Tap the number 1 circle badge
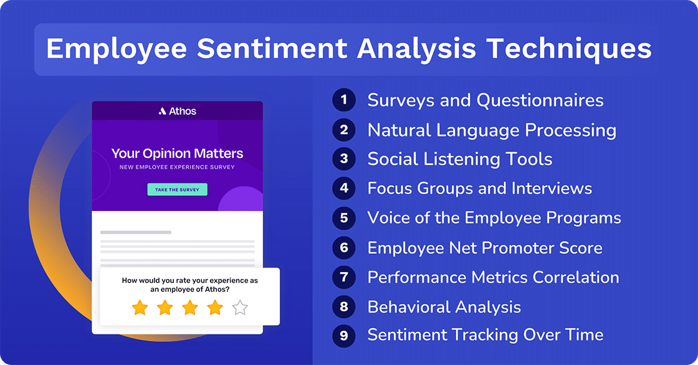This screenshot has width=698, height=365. click(x=343, y=100)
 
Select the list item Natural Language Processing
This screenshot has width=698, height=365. click(x=492, y=130)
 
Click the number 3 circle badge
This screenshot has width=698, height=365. click(x=343, y=159)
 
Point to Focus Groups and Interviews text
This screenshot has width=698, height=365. click(x=479, y=188)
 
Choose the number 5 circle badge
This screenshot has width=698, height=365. click(x=343, y=218)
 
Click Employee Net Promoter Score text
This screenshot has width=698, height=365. click(x=484, y=248)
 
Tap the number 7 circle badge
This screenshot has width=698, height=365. click(x=343, y=277)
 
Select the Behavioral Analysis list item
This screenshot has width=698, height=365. click(x=444, y=307)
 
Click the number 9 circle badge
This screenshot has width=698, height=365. click(x=343, y=336)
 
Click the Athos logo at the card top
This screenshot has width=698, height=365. click(x=178, y=111)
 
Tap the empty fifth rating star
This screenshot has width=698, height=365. click(x=240, y=308)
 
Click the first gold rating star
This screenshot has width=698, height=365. click(x=140, y=308)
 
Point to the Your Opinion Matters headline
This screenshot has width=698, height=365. click(x=177, y=153)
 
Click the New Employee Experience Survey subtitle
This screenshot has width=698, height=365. click(x=177, y=168)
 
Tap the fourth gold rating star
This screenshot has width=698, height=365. click(x=215, y=308)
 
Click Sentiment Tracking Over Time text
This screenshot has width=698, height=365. click(x=485, y=334)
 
